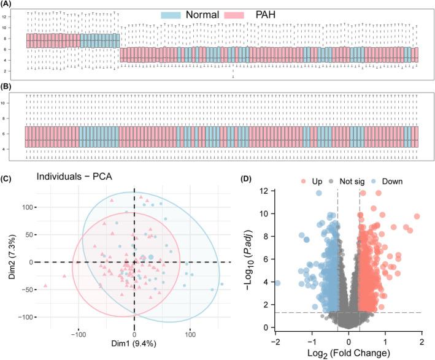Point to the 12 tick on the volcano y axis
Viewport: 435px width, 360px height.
tap(262, 191)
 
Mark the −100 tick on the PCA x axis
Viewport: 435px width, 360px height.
tap(79, 337)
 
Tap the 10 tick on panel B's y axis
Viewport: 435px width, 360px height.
tap(19, 102)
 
